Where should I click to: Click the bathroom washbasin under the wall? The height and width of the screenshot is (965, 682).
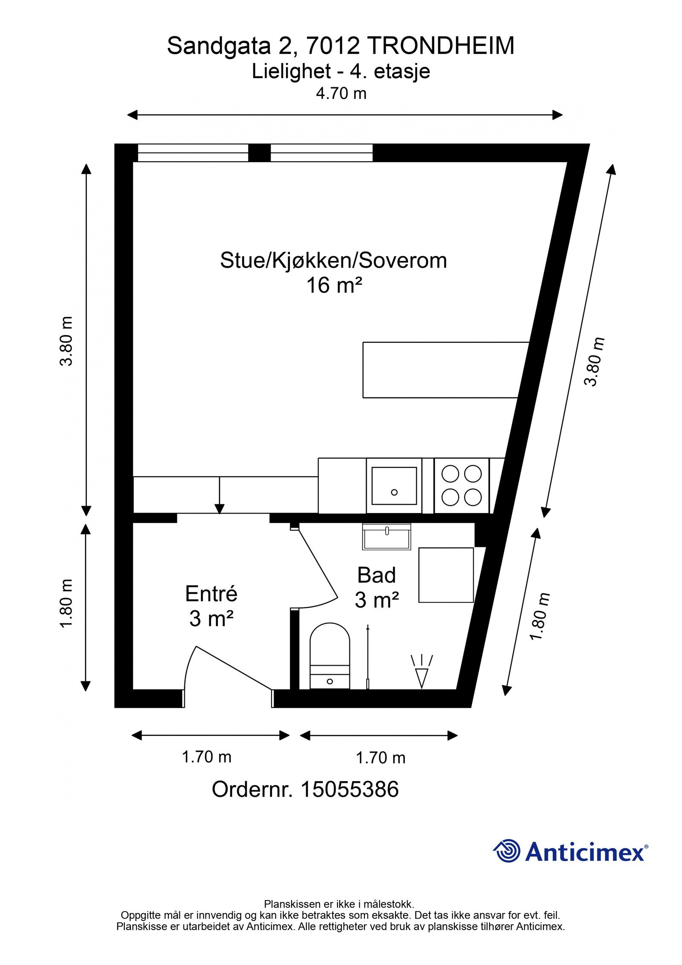(x=386, y=537)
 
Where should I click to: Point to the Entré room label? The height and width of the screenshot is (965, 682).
(x=211, y=594)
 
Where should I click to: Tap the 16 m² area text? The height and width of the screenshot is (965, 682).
(x=334, y=285)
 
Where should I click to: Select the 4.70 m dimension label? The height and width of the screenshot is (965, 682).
(x=341, y=93)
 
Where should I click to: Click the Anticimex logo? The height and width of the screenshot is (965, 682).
(x=570, y=852)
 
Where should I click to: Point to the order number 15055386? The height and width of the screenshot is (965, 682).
(x=350, y=789)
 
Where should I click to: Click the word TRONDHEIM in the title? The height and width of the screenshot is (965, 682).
(x=440, y=46)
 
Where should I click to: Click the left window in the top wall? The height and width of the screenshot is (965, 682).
(x=193, y=153)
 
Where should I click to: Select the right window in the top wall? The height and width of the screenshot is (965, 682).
(x=321, y=153)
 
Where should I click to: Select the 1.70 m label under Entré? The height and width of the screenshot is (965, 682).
(x=207, y=757)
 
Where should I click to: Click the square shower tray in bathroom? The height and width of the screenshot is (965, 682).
(x=445, y=575)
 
